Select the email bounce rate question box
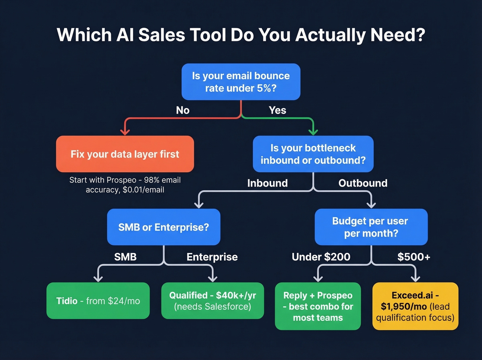(x=241, y=82)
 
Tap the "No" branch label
(x=183, y=110)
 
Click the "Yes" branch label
(x=277, y=110)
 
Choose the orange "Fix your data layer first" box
(x=125, y=154)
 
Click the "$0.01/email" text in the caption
(x=143, y=190)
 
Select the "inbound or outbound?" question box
(x=313, y=154)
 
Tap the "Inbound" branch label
(x=268, y=183)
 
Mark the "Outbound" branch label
(x=363, y=183)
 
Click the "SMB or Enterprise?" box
(x=164, y=227)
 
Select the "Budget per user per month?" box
(x=371, y=227)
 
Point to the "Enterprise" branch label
(x=212, y=257)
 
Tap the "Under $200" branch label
(x=321, y=257)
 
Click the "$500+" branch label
(x=414, y=257)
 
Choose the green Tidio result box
(x=98, y=301)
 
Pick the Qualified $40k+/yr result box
(x=213, y=301)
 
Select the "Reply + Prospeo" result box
(x=318, y=306)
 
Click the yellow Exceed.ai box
(x=415, y=306)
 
